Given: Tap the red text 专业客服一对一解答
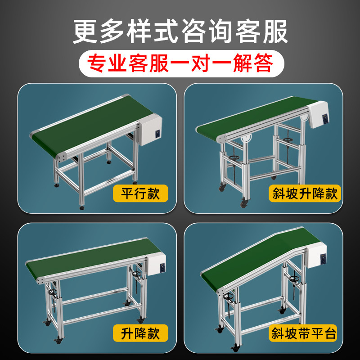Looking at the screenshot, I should click(x=180, y=64).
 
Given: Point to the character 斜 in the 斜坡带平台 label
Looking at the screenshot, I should click(x=279, y=333).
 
